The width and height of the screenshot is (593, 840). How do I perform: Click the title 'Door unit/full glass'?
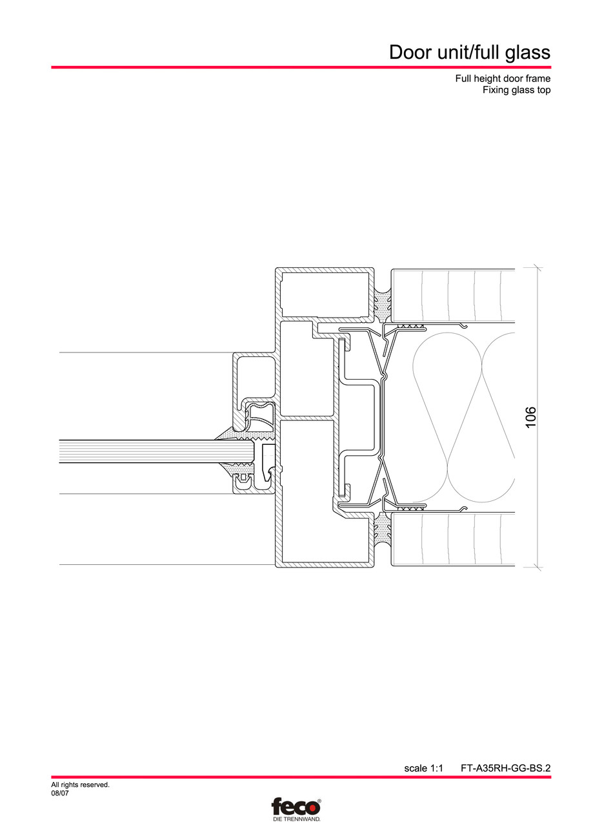pos(469,52)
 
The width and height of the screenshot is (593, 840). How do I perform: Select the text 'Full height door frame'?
pos(503,79)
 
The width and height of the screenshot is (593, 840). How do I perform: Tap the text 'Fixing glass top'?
pos(516,90)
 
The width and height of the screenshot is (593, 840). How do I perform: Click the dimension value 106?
pos(530,417)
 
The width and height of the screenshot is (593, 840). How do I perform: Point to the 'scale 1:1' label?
pos(423,768)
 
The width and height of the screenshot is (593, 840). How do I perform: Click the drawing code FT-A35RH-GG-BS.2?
pos(505,768)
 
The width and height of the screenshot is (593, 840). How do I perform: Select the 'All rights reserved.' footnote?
pos(80,785)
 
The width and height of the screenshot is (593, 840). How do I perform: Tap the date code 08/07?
pos(60,794)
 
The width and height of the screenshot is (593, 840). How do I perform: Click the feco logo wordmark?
pos(294,807)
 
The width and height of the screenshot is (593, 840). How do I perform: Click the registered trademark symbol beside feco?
pos(319,801)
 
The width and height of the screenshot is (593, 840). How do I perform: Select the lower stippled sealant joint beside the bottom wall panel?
pos(383,531)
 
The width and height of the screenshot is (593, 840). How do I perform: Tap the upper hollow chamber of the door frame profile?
pos(325,294)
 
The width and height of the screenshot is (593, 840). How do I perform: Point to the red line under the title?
pos(301,67)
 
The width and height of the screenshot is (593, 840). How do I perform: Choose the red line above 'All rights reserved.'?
pos(301,777)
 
